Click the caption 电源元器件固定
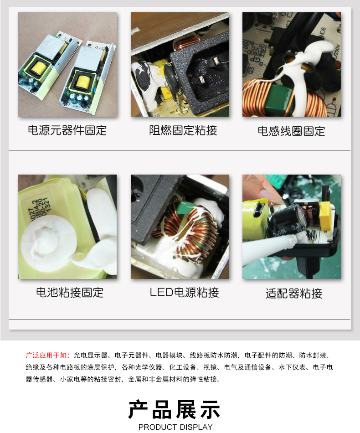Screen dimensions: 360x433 point(67,130)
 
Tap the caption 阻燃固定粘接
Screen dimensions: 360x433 point(183,130)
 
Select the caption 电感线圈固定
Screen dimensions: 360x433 point(291,131)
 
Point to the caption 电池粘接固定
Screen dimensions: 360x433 point(70,293)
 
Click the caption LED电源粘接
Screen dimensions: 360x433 point(185,293)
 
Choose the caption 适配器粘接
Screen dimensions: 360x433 point(294,293)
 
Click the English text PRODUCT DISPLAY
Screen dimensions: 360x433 point(175,427)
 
